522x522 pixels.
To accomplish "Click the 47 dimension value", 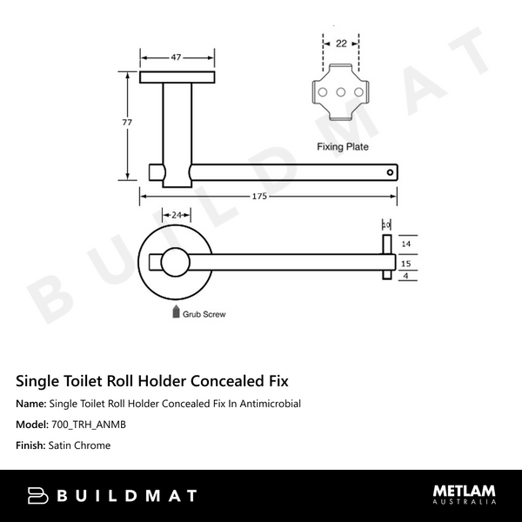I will pos(176,57).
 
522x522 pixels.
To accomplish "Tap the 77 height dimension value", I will pos(128,123).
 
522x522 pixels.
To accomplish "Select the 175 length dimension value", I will pos(259,197).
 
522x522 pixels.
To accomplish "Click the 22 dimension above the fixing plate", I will pos(340,43).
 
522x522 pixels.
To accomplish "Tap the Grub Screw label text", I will pos(204,314).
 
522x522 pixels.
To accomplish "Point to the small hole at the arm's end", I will pos(390,172).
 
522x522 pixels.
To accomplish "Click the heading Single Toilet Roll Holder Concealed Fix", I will pos(152,381).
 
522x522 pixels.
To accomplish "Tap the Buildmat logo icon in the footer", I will pos(38,496).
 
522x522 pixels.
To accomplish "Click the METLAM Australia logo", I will pos(465,494).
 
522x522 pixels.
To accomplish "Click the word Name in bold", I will pos(31,404).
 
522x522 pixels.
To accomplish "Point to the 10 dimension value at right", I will pos(386,224).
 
